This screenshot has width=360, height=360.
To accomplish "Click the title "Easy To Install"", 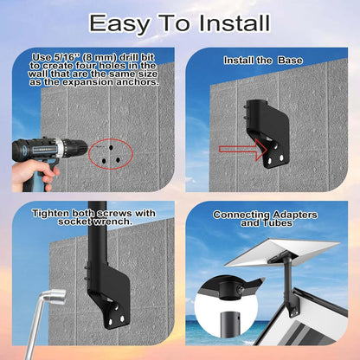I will click(179, 23).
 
